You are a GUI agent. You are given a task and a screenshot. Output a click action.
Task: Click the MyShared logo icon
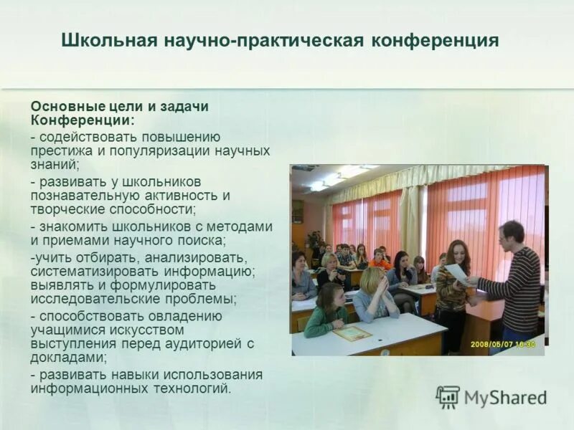[x=447, y=397]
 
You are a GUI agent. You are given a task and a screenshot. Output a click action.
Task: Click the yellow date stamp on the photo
[x=503, y=345]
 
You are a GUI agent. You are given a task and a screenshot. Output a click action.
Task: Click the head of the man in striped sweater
[x=512, y=234]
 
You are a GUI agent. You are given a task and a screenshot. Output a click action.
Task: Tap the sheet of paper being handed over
[x=456, y=273]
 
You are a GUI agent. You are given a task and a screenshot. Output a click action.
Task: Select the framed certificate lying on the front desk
[x=352, y=333]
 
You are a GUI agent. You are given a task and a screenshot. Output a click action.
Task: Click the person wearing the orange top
[x=378, y=260]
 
